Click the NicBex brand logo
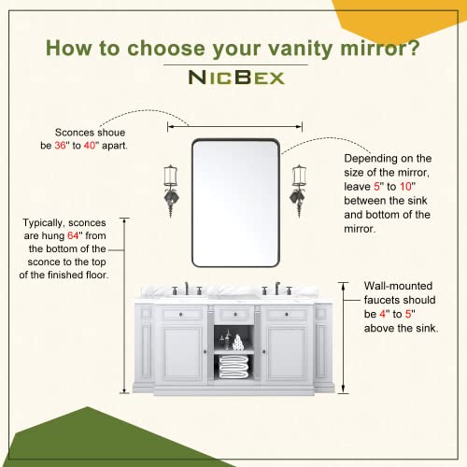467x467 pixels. pos(236,77)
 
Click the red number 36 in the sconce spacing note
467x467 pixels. pos(61,146)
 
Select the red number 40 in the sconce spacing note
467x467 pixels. pos(90,146)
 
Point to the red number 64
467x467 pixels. pos(73,235)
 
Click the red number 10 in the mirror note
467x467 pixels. pos(405,187)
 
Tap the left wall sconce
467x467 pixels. pos(171,191)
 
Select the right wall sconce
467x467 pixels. pos(299,191)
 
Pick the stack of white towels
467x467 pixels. pos(233,367)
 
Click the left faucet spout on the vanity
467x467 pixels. pos(187,289)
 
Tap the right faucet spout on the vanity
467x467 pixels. pos(277,289)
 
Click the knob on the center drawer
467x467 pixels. pos(235,315)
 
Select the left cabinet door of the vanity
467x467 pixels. pos(182,353)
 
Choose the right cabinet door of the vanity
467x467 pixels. pos(287,353)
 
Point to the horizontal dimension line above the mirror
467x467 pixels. pos(234,127)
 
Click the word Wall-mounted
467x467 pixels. pos(398,286)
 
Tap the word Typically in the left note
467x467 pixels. pos(44,223)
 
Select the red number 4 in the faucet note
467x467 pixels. pos(383,314)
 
